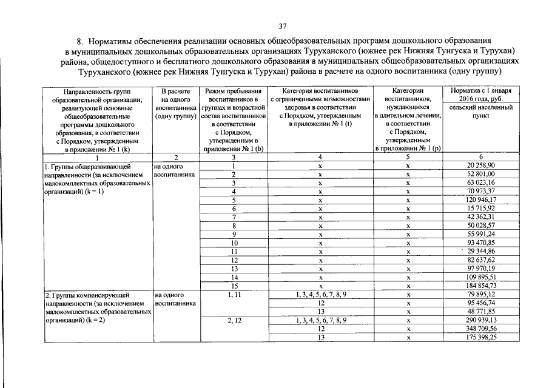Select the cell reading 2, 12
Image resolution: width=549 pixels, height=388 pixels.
234,320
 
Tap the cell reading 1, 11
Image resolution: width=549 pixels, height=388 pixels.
234,295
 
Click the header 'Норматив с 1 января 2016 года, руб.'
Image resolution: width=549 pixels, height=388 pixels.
481,94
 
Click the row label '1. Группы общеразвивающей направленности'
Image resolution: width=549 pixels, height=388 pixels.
96,178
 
